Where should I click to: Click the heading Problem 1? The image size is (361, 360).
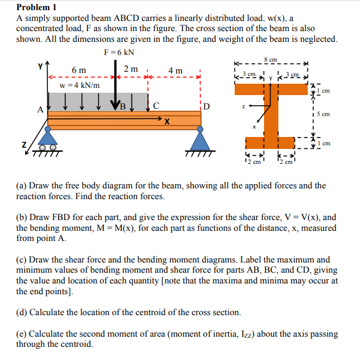[x=37, y=7]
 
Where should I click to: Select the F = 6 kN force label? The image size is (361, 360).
[x=118, y=52]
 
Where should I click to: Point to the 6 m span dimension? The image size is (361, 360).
[x=78, y=71]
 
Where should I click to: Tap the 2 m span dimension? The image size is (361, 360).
[x=131, y=69]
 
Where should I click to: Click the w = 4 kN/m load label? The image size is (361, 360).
[x=80, y=85]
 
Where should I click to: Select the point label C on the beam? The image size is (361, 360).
[x=156, y=107]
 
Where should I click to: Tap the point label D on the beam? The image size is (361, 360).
[x=207, y=108]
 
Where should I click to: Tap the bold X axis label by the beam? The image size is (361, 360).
[x=168, y=122]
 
